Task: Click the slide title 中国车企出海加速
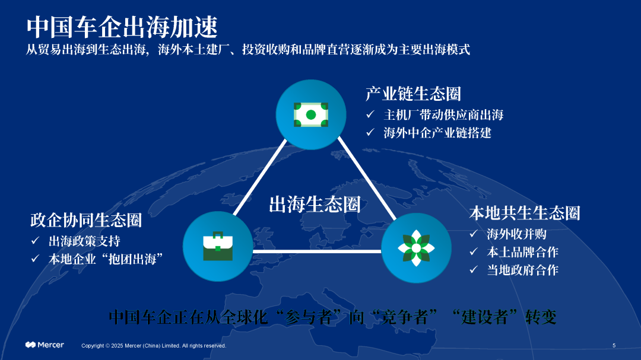point(122,27)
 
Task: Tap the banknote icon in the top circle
point(310,115)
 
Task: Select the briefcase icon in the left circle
point(218,246)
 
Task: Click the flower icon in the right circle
point(416,248)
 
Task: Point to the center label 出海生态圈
point(315,204)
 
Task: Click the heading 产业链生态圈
point(413,94)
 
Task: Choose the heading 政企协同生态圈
point(86,220)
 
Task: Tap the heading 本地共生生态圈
point(525,213)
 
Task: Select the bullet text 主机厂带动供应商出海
point(443,115)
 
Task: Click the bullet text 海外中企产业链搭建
point(437,133)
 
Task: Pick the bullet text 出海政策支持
point(84,241)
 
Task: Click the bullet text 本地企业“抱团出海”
point(106,259)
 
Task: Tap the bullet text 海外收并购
point(517,234)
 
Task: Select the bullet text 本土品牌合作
point(522,252)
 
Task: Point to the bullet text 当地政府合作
point(522,270)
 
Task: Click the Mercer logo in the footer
point(45,345)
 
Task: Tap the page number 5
point(614,346)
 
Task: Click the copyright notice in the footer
point(154,346)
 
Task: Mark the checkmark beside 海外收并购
point(474,233)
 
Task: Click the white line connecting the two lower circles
point(317,251)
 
